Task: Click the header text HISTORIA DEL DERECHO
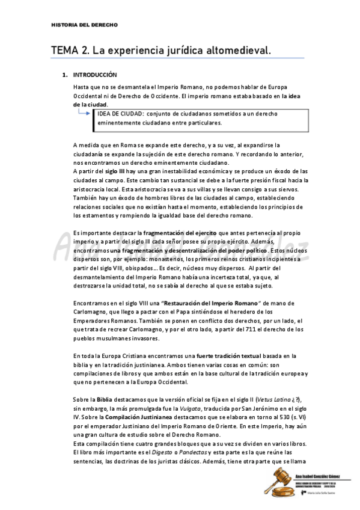click(85, 25)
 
